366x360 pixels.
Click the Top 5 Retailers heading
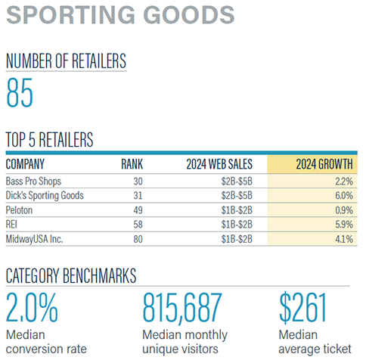49,140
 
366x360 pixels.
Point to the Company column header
25,164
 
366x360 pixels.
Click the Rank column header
132,164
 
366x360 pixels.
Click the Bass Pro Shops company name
34,182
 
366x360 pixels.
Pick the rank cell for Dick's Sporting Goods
137,195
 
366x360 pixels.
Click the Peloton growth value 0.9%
343,209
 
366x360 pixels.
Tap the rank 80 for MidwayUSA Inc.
137,238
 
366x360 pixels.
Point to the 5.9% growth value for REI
343,224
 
